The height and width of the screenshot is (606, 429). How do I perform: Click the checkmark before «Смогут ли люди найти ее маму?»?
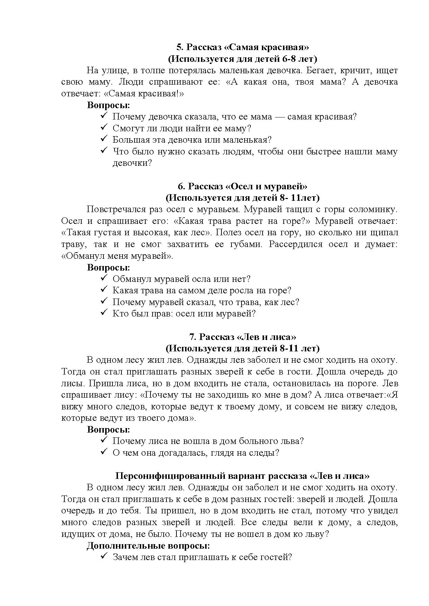[104, 128]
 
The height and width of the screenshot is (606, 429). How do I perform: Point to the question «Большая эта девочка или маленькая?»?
[192, 140]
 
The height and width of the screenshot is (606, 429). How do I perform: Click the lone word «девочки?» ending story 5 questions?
[132, 163]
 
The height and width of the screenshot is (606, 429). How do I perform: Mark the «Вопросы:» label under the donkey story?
[108, 267]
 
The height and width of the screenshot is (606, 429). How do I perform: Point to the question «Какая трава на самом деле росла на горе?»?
[202, 291]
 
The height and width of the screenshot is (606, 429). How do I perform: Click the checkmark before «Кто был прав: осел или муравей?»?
[104, 313]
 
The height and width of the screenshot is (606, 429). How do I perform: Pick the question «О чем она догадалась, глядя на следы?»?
[195, 453]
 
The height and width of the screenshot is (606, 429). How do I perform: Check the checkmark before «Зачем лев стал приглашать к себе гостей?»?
[104, 557]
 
